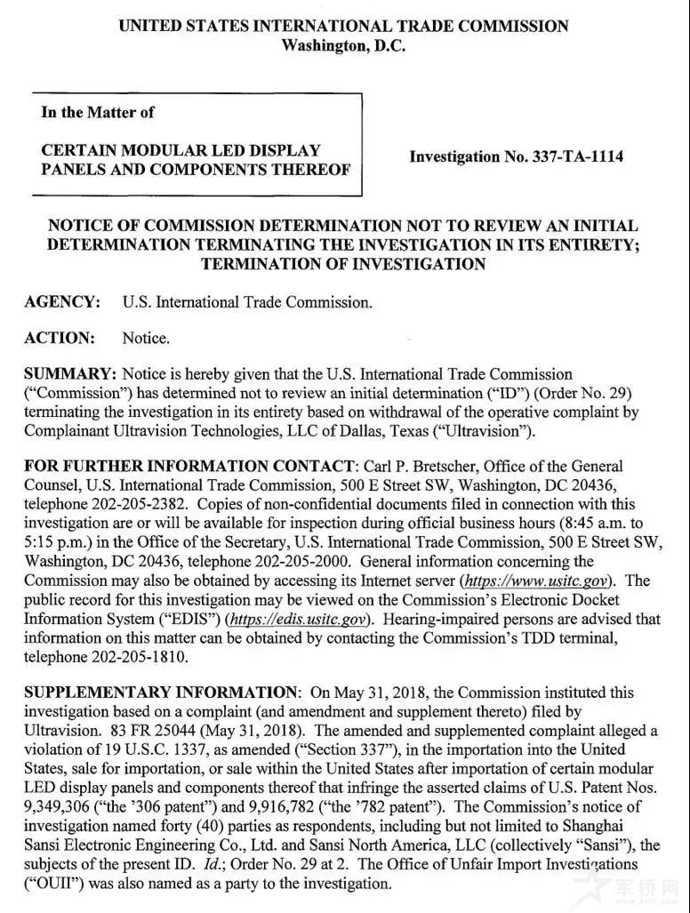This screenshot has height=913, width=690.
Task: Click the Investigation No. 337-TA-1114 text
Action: [516, 157]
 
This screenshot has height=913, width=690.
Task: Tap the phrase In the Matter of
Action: [98, 112]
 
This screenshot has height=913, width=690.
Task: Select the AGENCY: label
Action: [62, 302]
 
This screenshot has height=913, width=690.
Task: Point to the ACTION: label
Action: [60, 338]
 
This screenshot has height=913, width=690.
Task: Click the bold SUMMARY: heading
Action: [69, 373]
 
